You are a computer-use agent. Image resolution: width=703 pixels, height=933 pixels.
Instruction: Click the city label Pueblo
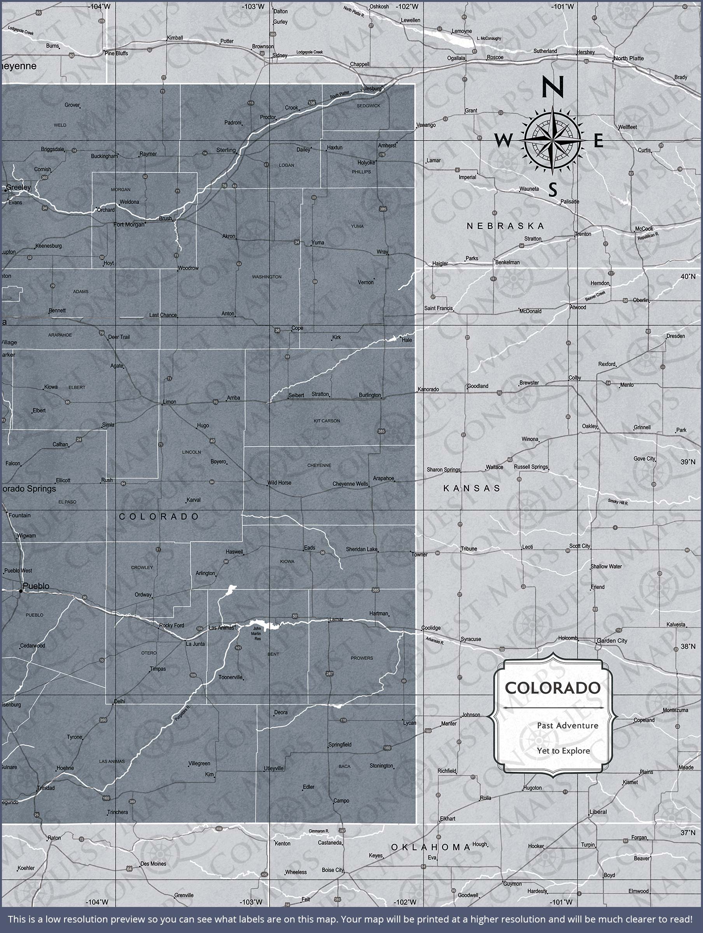(x=36, y=586)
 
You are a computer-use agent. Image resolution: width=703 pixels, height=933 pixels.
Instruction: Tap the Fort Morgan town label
(x=129, y=224)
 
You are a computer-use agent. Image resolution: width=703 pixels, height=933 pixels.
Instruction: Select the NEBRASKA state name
(x=505, y=226)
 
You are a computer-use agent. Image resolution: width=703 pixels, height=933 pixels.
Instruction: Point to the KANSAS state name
(x=472, y=488)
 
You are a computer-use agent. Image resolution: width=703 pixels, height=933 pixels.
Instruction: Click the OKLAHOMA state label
(x=431, y=847)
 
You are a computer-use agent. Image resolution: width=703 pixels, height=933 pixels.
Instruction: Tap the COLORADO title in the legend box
(x=553, y=688)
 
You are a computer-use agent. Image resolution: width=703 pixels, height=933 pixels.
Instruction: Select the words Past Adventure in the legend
(x=568, y=725)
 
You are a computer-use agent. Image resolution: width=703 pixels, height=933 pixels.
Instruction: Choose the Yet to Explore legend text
(x=563, y=751)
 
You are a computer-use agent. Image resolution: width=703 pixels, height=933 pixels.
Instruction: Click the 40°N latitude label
(x=687, y=276)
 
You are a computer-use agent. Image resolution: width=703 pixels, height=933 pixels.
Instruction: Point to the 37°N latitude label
(x=687, y=833)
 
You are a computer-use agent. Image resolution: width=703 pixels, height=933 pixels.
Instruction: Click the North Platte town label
(x=629, y=58)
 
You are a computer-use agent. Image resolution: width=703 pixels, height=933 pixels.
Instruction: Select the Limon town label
(x=170, y=402)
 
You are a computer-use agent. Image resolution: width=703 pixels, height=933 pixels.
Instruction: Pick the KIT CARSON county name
(x=327, y=421)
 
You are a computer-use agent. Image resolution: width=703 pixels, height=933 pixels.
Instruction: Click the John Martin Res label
(x=257, y=634)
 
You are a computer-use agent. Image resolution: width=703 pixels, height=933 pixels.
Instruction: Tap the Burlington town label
(x=370, y=395)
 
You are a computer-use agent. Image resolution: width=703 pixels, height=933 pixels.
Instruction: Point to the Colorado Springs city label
(x=28, y=489)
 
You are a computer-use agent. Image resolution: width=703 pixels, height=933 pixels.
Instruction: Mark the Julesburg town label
(x=371, y=89)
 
